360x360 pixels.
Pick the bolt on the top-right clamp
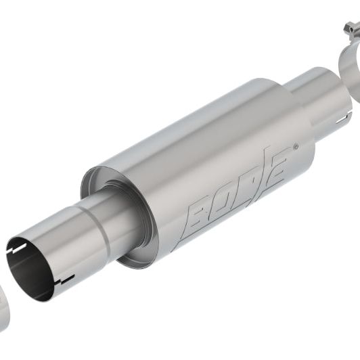click(x=350, y=28)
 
